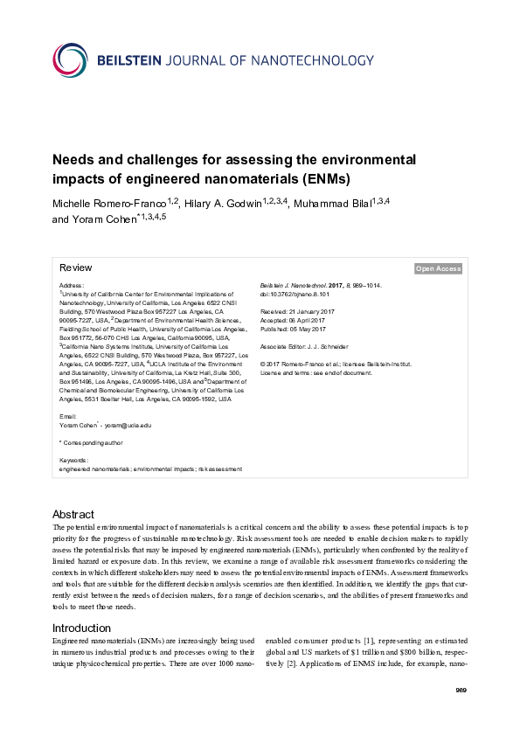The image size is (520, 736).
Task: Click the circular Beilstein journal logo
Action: pyautogui.click(x=70, y=59)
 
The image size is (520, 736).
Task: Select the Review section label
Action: pyautogui.click(x=75, y=267)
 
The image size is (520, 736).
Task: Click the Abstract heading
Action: pyautogui.click(x=73, y=514)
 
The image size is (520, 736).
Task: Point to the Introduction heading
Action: pyautogui.click(x=81, y=628)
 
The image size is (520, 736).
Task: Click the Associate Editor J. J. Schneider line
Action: pyautogui.click(x=304, y=346)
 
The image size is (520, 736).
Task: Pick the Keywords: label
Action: pyautogui.click(x=73, y=460)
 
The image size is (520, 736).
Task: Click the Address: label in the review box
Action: pyautogui.click(x=72, y=286)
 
